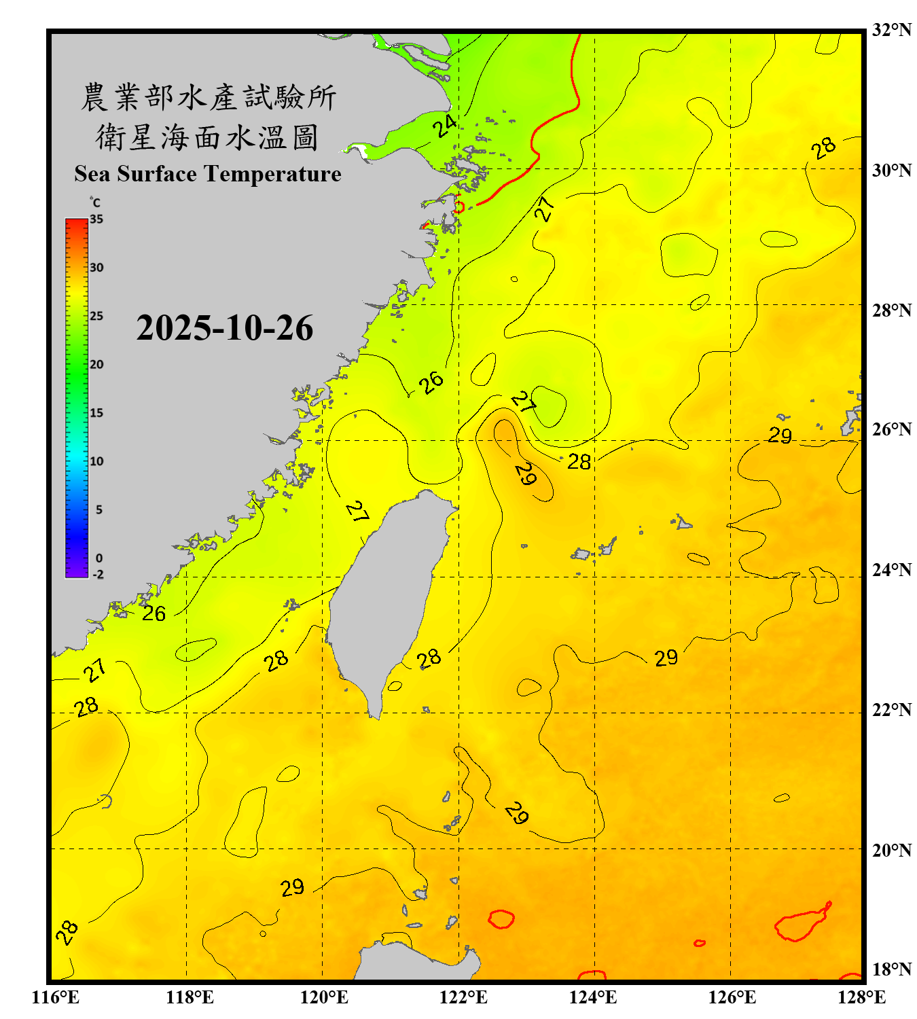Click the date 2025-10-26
(x=224, y=328)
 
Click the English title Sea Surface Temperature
(x=208, y=174)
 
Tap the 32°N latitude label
(x=891, y=30)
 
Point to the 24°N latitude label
(x=891, y=570)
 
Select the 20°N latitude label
(x=891, y=850)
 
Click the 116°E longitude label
(x=55, y=997)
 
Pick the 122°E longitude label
(x=463, y=997)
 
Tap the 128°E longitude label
(x=861, y=997)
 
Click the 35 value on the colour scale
(x=96, y=219)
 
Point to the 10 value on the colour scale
(x=96, y=461)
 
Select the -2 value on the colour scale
(x=98, y=575)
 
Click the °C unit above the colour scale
(x=95, y=202)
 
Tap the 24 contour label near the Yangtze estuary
(x=445, y=126)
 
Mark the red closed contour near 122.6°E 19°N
(x=501, y=919)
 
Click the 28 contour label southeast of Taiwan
(x=429, y=658)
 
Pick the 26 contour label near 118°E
(x=154, y=613)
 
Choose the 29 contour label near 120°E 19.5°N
(x=293, y=888)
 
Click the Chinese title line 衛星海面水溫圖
(x=207, y=137)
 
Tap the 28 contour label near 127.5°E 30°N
(x=823, y=148)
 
